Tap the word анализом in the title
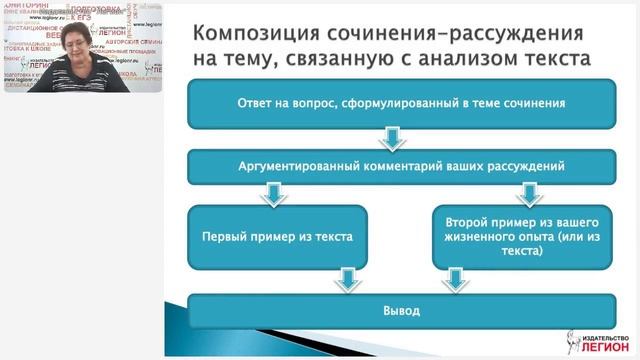[x=490, y=59]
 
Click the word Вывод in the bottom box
[x=394, y=310]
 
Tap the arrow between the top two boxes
[x=393, y=135]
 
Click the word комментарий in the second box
[x=409, y=164]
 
